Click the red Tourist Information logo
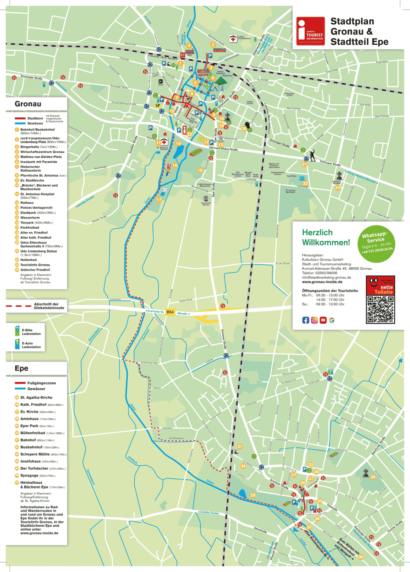click(x=310, y=31)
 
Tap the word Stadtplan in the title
click(x=352, y=21)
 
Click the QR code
click(x=380, y=309)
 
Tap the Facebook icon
click(x=305, y=320)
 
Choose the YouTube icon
click(x=323, y=320)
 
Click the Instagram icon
click(x=314, y=320)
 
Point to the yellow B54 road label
click(x=170, y=312)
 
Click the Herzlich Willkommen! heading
click(x=326, y=237)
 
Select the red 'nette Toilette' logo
click(x=380, y=285)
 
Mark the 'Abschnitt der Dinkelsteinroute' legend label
click(x=49, y=306)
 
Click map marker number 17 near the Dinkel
click(x=159, y=200)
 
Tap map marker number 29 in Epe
click(x=253, y=495)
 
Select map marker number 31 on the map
click(x=239, y=447)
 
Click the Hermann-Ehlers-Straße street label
click(x=223, y=148)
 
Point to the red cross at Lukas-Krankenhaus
click(x=233, y=39)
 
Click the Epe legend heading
click(x=22, y=368)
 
